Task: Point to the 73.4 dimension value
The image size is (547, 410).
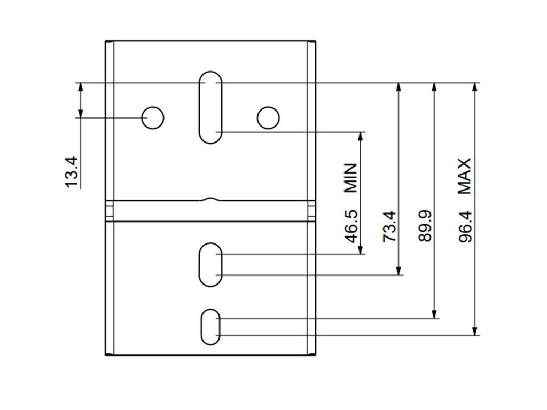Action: tap(390, 226)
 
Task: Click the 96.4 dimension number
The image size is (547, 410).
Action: tap(466, 226)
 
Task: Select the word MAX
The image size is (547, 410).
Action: tap(465, 176)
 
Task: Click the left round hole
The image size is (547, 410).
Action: tap(153, 117)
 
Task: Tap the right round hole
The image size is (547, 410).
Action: tap(268, 117)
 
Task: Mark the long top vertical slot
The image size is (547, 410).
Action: tap(210, 107)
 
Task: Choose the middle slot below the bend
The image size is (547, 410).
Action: tap(210, 264)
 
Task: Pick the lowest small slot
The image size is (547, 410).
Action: tap(210, 326)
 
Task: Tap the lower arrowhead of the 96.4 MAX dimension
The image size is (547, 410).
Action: tap(475, 332)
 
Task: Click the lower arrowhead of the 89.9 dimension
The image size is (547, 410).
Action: tap(434, 314)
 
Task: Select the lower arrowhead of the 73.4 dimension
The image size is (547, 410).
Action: tap(398, 271)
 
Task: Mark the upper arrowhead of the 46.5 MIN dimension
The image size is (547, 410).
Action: tap(361, 136)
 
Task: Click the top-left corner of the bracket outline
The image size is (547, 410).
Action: tap(106, 41)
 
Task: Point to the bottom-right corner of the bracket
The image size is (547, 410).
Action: tap(315, 354)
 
